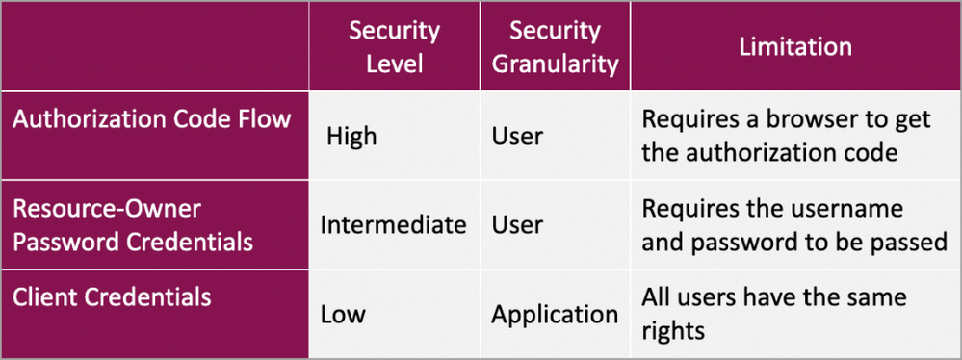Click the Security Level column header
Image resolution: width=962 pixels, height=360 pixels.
tap(394, 47)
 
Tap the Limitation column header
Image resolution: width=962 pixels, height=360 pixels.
tap(794, 46)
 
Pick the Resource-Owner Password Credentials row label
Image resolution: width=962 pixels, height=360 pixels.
tap(132, 224)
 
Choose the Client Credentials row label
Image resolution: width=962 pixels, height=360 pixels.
tap(112, 296)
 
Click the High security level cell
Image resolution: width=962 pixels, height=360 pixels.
tap(351, 137)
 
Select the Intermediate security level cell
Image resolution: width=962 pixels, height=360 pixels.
tap(393, 225)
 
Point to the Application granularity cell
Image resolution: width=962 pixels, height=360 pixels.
tap(555, 314)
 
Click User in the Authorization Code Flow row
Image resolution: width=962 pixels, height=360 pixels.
tap(517, 137)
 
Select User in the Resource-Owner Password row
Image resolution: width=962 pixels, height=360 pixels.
tap(517, 225)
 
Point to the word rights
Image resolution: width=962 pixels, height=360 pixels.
tap(674, 330)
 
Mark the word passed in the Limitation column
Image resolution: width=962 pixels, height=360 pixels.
tap(914, 242)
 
